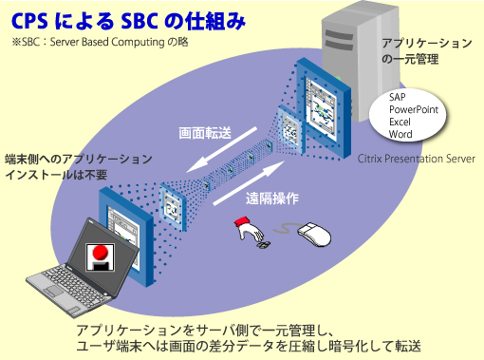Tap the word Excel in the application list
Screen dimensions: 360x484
pyautogui.click(x=401, y=123)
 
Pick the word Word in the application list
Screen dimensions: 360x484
pyautogui.click(x=401, y=136)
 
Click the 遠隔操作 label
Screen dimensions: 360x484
pyautogui.click(x=273, y=199)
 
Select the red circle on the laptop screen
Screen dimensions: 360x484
pyautogui.click(x=98, y=256)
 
